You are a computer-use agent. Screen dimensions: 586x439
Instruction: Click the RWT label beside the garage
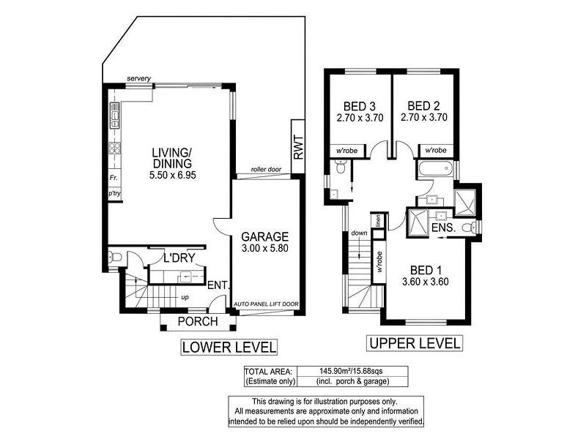[298, 147]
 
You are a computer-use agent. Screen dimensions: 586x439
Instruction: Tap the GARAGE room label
[265, 236]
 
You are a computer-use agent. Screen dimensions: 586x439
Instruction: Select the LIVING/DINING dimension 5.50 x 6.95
[173, 175]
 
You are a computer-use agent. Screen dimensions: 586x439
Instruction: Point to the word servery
[138, 78]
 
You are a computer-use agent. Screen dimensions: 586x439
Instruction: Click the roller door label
[266, 169]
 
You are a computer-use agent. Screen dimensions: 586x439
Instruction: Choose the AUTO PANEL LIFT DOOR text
[266, 304]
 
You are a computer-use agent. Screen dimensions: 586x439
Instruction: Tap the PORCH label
[198, 321]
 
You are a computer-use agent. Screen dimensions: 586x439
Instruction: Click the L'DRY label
[179, 258]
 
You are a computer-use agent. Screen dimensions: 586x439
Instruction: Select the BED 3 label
[360, 107]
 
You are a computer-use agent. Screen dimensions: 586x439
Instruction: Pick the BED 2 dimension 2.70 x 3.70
[424, 118]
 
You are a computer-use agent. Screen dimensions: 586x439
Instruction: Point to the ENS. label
[444, 228]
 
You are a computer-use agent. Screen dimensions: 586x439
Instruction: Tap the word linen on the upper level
[378, 221]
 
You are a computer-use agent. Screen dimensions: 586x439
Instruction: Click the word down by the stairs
[359, 233]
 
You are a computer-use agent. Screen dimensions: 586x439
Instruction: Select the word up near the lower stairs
[185, 298]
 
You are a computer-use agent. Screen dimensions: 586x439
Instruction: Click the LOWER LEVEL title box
[229, 347]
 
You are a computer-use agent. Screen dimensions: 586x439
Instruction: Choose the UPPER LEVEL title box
[415, 343]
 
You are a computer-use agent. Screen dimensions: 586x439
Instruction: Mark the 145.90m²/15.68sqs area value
[351, 372]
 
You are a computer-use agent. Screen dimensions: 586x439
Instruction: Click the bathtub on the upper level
[436, 169]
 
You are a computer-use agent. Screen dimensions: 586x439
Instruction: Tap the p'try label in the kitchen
[114, 193]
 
